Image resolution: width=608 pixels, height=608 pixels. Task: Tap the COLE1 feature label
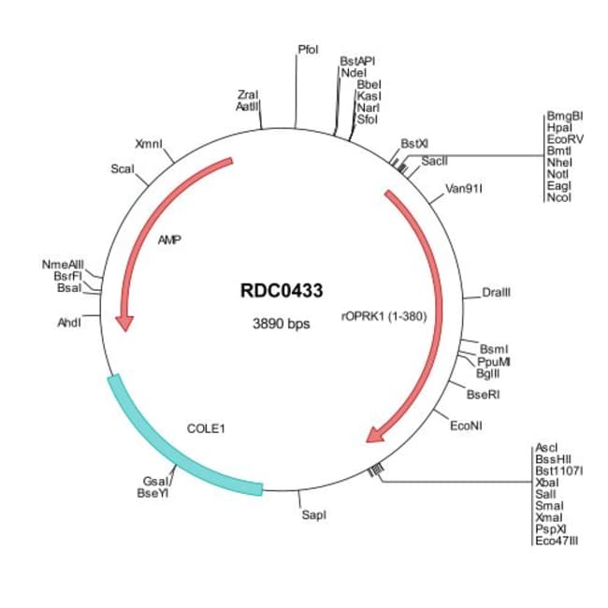(x=207, y=428)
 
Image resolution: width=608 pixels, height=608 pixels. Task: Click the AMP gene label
(x=169, y=239)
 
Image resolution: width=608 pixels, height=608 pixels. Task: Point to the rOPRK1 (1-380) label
(x=384, y=315)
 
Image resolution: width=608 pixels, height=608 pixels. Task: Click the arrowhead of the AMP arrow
(x=123, y=322)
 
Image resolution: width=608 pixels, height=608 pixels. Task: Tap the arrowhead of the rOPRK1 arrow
(x=376, y=434)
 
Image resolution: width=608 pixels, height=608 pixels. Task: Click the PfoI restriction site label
(x=308, y=48)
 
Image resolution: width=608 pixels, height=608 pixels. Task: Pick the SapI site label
(x=314, y=514)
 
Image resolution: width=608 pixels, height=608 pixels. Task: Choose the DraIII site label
(x=496, y=294)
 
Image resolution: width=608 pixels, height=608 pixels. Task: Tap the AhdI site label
(x=69, y=322)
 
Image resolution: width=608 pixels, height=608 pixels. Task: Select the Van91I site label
(x=464, y=188)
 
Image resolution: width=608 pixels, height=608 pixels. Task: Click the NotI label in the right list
(x=558, y=174)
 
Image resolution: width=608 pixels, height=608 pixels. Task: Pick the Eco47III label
(x=557, y=540)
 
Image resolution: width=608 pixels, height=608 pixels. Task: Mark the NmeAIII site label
(x=64, y=265)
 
